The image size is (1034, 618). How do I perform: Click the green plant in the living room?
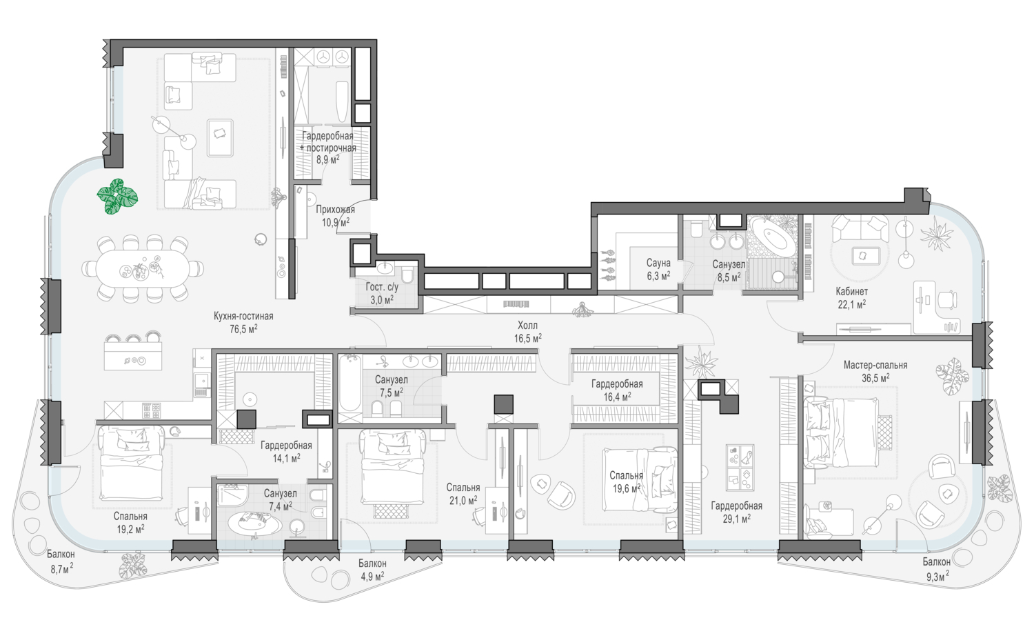(117, 197)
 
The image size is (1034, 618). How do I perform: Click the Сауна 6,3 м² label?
(658, 270)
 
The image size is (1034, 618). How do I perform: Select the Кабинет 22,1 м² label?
(851, 298)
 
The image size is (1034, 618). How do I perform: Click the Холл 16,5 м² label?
(527, 332)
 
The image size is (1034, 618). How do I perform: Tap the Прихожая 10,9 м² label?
(336, 216)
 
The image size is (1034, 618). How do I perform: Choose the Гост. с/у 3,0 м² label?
(382, 293)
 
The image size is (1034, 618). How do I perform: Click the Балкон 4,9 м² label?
(372, 570)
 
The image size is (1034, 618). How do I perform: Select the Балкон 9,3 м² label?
(936, 568)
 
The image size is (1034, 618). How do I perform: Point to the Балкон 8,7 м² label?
(61, 561)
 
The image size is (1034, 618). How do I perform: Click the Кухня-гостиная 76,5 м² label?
(243, 322)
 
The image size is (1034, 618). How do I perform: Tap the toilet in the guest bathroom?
(407, 275)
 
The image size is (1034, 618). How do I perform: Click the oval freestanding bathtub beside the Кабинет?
(772, 237)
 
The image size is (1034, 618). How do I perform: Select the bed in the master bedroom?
(840, 432)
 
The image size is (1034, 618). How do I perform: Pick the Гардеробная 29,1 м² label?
(736, 512)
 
